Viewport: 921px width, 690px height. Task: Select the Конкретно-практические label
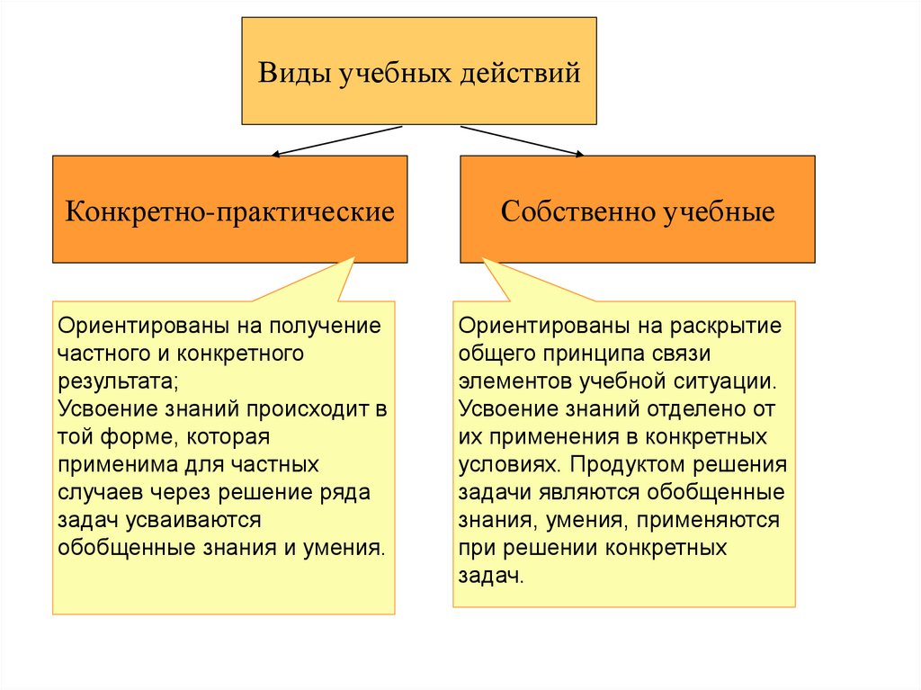229,212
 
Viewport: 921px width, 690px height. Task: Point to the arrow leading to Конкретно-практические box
335,141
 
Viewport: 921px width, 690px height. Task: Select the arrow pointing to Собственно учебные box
522,141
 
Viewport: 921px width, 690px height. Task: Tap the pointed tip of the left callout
353,258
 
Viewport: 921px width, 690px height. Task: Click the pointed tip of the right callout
484,259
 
